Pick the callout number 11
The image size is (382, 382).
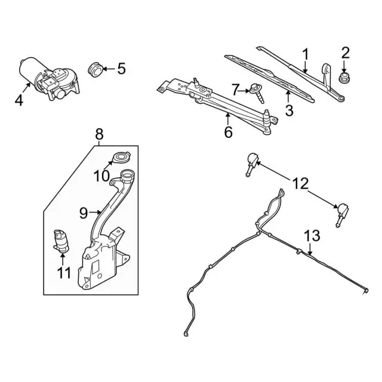[x=64, y=273]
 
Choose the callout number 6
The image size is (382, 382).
[x=228, y=132]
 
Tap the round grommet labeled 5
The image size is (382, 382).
[x=94, y=69]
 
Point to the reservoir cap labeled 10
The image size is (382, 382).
[x=120, y=158]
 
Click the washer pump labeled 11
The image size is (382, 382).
[x=60, y=239]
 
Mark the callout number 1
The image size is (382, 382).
[x=305, y=56]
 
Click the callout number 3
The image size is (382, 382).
[x=289, y=110]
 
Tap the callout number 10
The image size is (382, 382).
[x=101, y=176]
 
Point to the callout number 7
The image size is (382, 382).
[x=235, y=90]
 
